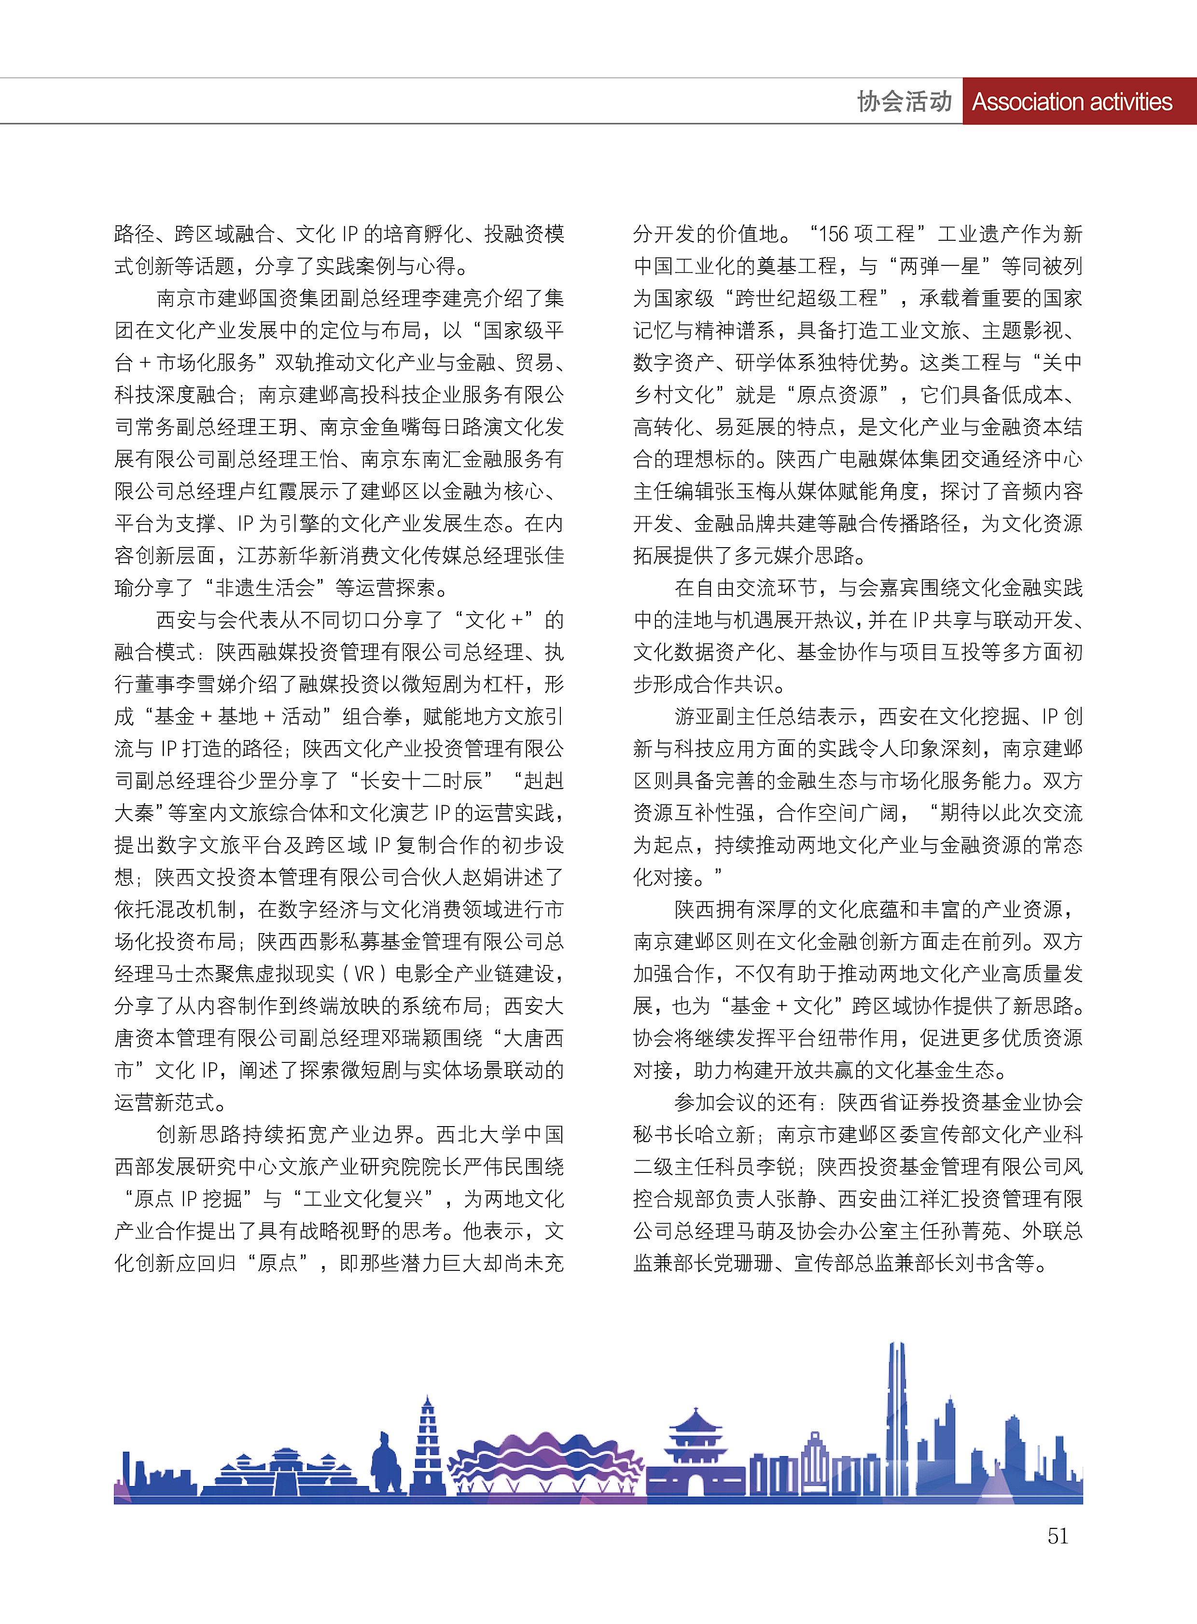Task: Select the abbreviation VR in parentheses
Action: pos(364,974)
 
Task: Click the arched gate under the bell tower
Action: pos(695,1486)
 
